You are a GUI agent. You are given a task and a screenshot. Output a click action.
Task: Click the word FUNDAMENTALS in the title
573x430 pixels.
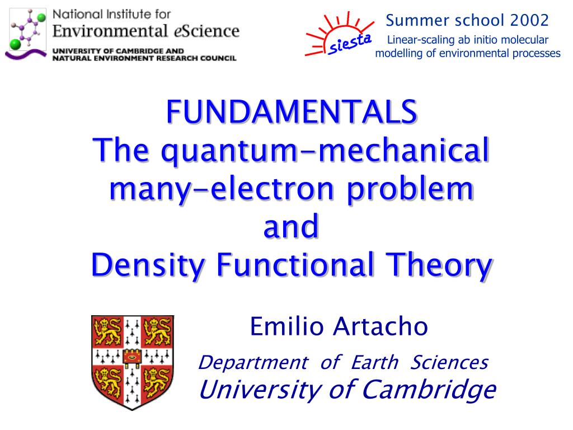[x=291, y=112]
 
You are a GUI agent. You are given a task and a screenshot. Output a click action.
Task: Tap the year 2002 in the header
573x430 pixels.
[x=529, y=20]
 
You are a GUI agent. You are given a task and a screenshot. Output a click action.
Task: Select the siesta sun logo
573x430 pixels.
[x=339, y=34]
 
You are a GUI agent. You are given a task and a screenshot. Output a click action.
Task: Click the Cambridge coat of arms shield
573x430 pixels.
[x=133, y=362]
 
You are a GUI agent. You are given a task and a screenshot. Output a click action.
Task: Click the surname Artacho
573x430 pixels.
[x=380, y=326]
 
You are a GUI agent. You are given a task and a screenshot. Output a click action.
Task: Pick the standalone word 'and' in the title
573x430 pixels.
[x=291, y=226]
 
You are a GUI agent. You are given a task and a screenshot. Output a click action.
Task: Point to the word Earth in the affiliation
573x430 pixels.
[x=374, y=362]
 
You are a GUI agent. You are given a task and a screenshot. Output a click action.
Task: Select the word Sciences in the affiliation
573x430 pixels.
[x=449, y=362]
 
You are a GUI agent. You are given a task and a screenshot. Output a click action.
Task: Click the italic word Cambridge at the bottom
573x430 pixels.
[x=429, y=390]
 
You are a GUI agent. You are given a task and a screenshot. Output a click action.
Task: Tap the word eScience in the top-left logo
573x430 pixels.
[x=206, y=31]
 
